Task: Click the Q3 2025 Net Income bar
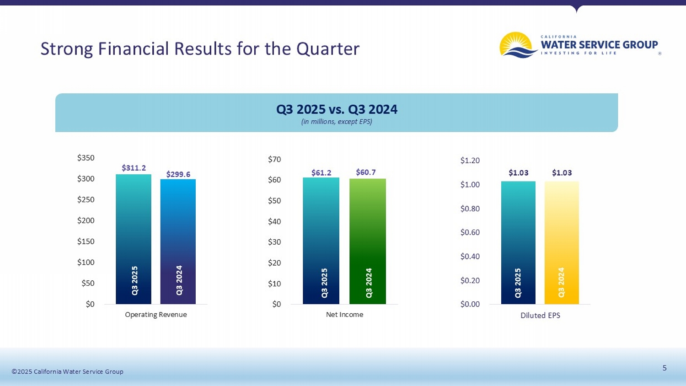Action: [x=321, y=241]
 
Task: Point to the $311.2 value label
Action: [x=134, y=168]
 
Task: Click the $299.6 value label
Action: [x=178, y=174]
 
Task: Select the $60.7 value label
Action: [x=366, y=172]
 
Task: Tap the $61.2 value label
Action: [x=321, y=172]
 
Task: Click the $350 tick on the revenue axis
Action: [x=86, y=158]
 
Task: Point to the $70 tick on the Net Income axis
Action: [x=274, y=159]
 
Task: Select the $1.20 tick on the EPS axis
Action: [x=470, y=161]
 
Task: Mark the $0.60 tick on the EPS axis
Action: [x=470, y=232]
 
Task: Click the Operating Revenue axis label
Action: [x=155, y=315]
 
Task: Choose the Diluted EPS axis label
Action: [x=540, y=316]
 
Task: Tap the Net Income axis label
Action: [x=344, y=315]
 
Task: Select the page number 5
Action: [x=665, y=368]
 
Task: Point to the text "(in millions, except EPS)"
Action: [x=337, y=122]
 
